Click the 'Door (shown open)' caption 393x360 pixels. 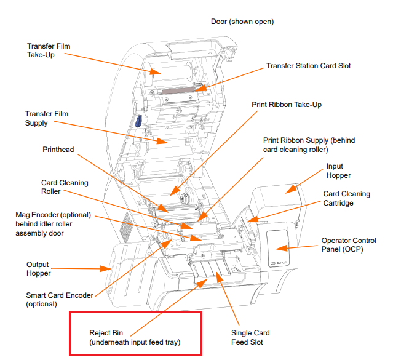click(242, 22)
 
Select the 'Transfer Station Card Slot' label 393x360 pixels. click(306, 66)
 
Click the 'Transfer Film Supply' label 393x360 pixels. click(46, 118)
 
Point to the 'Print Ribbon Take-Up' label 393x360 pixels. click(287, 105)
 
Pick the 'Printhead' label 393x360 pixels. click(59, 150)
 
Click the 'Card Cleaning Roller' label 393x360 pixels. click(65, 187)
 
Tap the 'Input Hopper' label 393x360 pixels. click(335, 171)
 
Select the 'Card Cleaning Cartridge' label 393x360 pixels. click(347, 198)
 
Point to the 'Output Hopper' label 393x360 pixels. click(46, 269)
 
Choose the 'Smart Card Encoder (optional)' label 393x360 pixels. click(59, 300)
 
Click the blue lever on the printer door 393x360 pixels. click(138, 122)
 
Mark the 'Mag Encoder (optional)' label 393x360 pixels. click(56, 224)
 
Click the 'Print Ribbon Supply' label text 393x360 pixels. click(309, 145)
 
